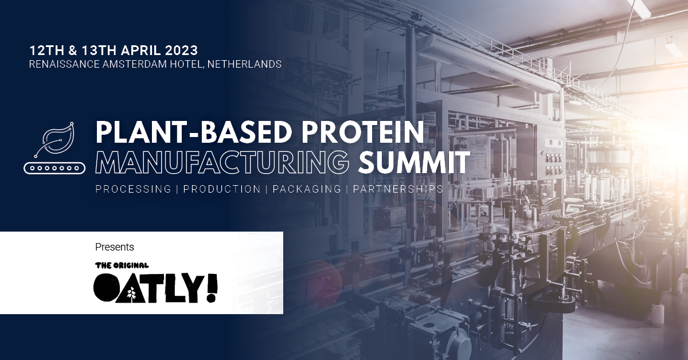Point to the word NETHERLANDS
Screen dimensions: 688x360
(x=244, y=64)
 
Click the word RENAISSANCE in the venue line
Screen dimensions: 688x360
(x=64, y=64)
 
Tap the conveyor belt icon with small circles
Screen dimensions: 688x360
(x=54, y=168)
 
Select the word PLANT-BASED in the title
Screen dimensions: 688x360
(x=194, y=132)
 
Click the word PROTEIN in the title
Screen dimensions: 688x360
(x=362, y=132)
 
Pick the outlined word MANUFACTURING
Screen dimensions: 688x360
(x=222, y=162)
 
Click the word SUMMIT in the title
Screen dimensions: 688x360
(x=414, y=162)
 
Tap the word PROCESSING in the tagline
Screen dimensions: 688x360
(x=133, y=189)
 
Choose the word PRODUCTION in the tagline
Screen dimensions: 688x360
(x=222, y=189)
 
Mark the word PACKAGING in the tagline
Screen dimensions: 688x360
(x=307, y=189)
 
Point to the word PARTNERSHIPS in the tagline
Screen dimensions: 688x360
(x=398, y=189)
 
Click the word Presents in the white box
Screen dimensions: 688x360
(x=115, y=247)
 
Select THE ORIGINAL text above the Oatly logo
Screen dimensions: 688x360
(x=122, y=265)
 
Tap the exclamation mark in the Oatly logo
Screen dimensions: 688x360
(x=212, y=288)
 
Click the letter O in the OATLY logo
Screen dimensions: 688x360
(x=105, y=288)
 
